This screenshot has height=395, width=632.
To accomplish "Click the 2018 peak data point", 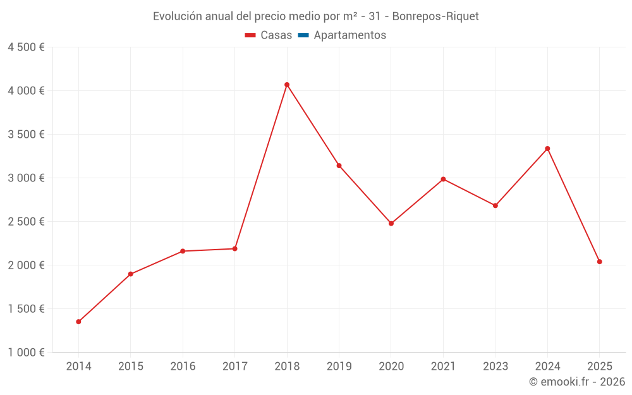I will tap(287, 85).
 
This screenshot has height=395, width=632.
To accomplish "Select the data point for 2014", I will tap(78, 322).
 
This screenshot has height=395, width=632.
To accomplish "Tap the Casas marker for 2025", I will tap(600, 262).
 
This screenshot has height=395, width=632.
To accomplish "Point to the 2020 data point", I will tap(391, 223).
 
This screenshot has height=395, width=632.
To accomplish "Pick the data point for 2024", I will tap(547, 149).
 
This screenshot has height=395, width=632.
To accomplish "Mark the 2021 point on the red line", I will tap(443, 179).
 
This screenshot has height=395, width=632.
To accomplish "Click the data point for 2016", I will tap(183, 251).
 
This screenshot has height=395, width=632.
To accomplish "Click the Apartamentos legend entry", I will tap(349, 35).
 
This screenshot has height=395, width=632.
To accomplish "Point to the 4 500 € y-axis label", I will tap(26, 47).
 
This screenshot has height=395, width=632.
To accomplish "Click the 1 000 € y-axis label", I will tap(26, 353).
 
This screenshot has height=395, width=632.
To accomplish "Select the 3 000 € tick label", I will tap(26, 178).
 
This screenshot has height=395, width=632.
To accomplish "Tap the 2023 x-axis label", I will tap(495, 367).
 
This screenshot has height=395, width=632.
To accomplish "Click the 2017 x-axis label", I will tap(234, 367).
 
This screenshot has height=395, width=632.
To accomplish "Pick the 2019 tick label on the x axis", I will tap(339, 367).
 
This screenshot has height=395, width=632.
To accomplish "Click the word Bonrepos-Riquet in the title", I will tap(435, 16).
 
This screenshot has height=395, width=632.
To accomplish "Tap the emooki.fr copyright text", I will tap(576, 382).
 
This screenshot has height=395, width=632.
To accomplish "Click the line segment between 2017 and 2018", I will tap(261, 166).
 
